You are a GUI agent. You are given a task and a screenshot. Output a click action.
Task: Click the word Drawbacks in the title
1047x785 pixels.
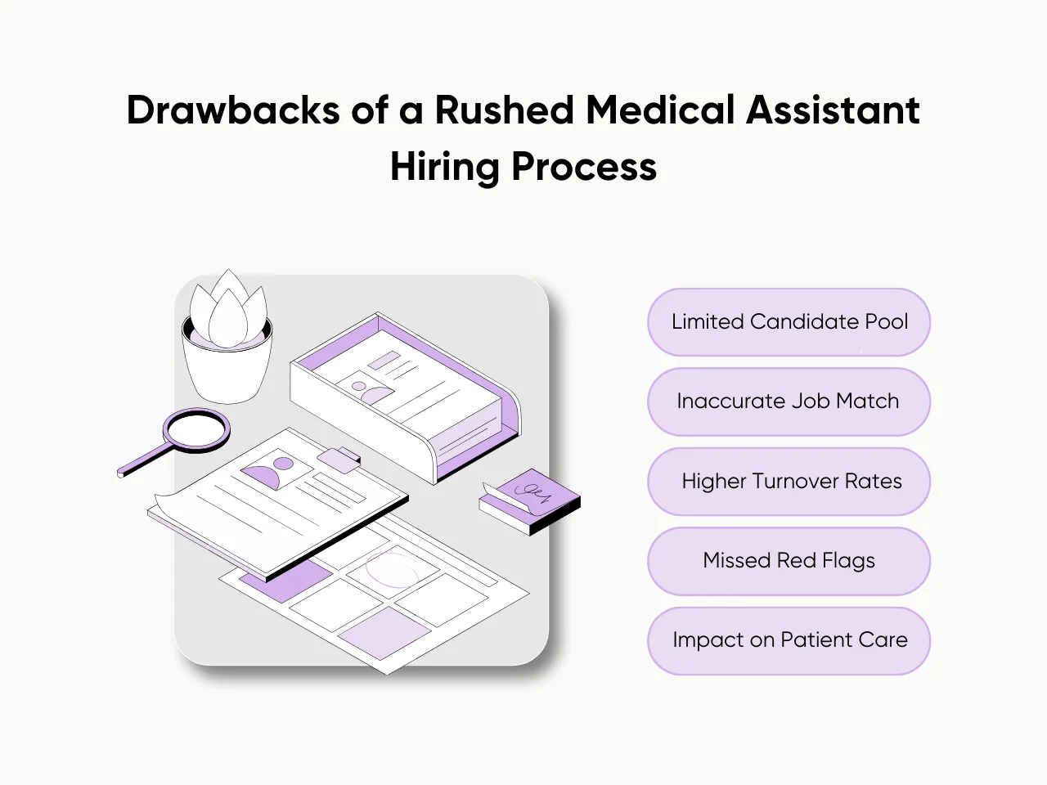tap(232, 110)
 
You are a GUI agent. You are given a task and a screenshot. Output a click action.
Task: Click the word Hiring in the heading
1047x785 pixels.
tap(444, 167)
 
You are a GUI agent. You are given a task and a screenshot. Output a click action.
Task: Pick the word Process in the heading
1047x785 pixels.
tap(584, 167)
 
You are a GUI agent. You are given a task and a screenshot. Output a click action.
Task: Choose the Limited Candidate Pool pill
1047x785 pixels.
tap(789, 322)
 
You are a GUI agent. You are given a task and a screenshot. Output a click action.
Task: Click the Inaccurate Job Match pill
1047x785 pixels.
tap(789, 401)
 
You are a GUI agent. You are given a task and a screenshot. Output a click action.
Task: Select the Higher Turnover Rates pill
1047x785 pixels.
tap(789, 482)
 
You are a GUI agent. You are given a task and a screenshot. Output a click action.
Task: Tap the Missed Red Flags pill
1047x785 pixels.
tap(789, 561)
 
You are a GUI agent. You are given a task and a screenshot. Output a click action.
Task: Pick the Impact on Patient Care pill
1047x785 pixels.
tap(789, 640)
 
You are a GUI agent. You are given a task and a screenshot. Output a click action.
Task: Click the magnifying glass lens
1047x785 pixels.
tap(196, 428)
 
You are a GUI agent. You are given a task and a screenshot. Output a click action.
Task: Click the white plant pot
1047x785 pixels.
tap(227, 372)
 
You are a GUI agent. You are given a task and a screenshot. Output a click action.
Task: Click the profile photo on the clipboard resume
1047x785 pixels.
tap(270, 473)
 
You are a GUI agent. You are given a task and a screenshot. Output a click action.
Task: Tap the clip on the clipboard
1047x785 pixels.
tap(339, 459)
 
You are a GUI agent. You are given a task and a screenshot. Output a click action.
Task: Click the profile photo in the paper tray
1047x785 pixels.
tap(369, 390)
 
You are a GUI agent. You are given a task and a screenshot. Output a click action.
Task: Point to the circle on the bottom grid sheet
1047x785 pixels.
tap(392, 571)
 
